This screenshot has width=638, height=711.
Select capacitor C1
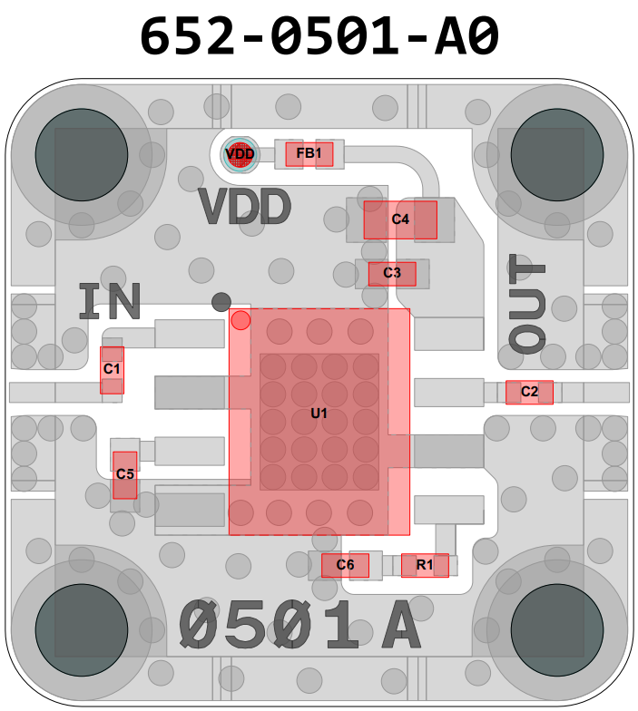[112, 369]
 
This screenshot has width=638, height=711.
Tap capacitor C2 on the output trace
[529, 392]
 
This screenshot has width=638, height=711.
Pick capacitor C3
[392, 273]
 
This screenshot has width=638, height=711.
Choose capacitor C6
[345, 565]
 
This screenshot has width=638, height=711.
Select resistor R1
[425, 565]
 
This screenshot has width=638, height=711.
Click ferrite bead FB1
[309, 154]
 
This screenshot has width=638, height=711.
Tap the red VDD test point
[240, 154]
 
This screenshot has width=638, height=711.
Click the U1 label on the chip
[319, 414]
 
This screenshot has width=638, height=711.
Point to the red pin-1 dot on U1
[240, 319]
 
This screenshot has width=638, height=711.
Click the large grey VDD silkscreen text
[245, 208]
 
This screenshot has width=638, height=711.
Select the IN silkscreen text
[110, 301]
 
